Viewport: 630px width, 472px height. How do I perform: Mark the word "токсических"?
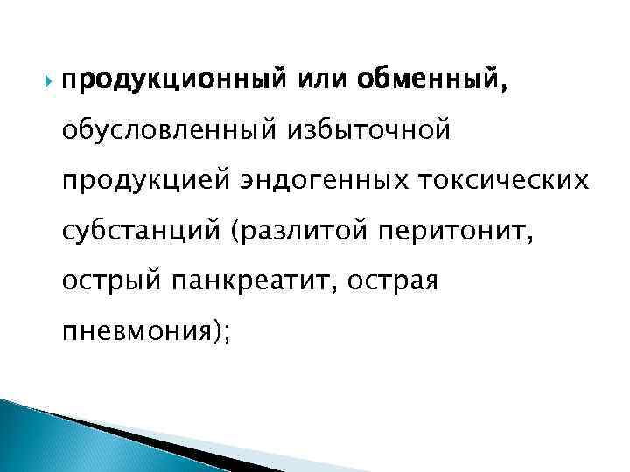pos(497,182)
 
